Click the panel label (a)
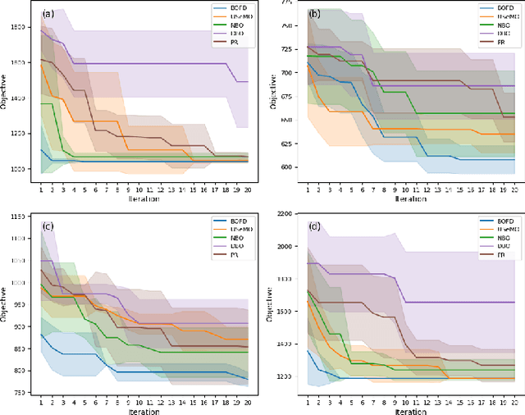pyautogui.click(x=48, y=13)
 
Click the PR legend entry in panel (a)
pyautogui.click(x=232, y=42)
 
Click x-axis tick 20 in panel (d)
pyautogui.click(x=514, y=402)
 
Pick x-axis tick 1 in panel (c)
pyautogui.click(x=41, y=402)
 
